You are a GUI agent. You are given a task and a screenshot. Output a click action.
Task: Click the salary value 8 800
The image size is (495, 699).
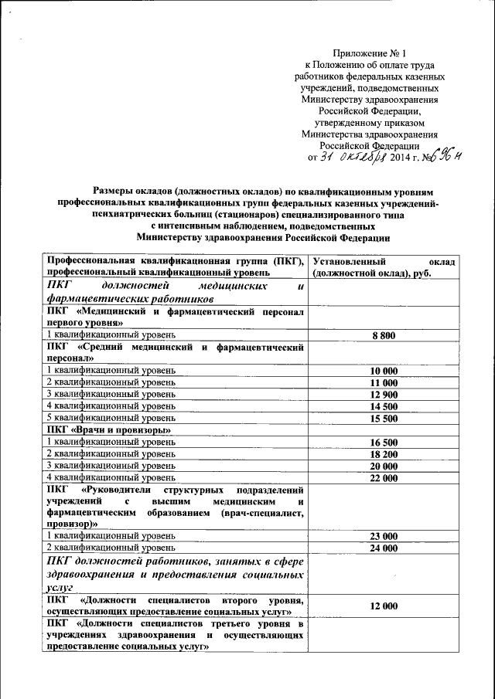(x=384, y=334)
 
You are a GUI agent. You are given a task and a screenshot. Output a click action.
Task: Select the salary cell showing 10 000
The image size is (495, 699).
(x=384, y=371)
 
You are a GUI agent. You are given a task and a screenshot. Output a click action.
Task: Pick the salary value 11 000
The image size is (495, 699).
(x=384, y=382)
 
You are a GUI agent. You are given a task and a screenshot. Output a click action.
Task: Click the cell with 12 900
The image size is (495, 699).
(x=384, y=394)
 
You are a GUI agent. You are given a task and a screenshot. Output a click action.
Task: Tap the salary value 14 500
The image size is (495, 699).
(x=384, y=405)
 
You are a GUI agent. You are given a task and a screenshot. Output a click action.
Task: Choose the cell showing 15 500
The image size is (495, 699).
(x=384, y=418)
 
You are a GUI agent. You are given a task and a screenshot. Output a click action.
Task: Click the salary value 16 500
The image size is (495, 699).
(x=384, y=442)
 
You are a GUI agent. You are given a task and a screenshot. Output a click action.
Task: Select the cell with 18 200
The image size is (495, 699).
(x=384, y=453)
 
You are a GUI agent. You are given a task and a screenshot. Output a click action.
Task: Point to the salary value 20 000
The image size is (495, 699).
(x=384, y=465)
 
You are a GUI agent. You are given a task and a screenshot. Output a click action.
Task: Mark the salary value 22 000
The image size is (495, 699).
(x=384, y=477)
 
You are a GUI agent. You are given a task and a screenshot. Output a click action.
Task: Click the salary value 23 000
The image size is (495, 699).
(x=384, y=536)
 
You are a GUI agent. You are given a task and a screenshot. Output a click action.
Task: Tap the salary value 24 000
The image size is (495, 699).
(x=384, y=548)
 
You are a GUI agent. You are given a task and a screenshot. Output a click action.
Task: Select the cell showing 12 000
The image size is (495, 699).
(x=384, y=606)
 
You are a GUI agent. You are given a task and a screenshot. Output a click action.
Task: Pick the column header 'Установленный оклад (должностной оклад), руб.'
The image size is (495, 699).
(x=384, y=267)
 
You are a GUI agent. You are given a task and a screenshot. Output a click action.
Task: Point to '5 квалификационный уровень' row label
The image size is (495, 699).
(x=111, y=418)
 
